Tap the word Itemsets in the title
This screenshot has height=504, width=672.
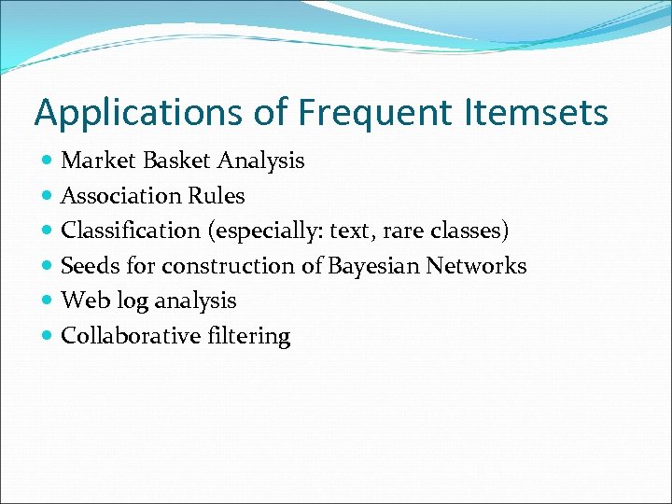(x=536, y=113)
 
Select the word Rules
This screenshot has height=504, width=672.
(x=216, y=196)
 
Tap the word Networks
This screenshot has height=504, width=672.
(x=476, y=266)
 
